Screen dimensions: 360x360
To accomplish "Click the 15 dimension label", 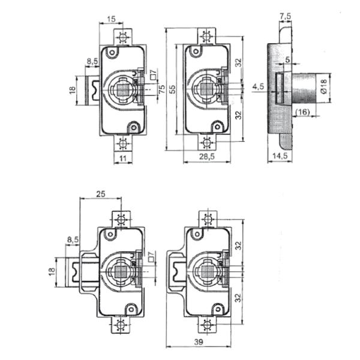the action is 111,19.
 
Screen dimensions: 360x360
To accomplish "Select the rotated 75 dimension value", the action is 161,89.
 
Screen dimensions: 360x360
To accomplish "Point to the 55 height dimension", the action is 172,89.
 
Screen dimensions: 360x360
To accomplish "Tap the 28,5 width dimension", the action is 206,157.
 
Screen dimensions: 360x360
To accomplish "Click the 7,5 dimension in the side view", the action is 286,16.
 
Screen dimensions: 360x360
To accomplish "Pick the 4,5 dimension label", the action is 258,86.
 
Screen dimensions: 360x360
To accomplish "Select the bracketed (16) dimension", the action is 302,112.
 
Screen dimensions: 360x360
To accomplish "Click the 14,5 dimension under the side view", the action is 280,156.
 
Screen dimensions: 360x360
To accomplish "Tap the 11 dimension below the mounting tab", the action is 123,158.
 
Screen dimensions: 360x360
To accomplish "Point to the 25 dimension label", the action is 101,194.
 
